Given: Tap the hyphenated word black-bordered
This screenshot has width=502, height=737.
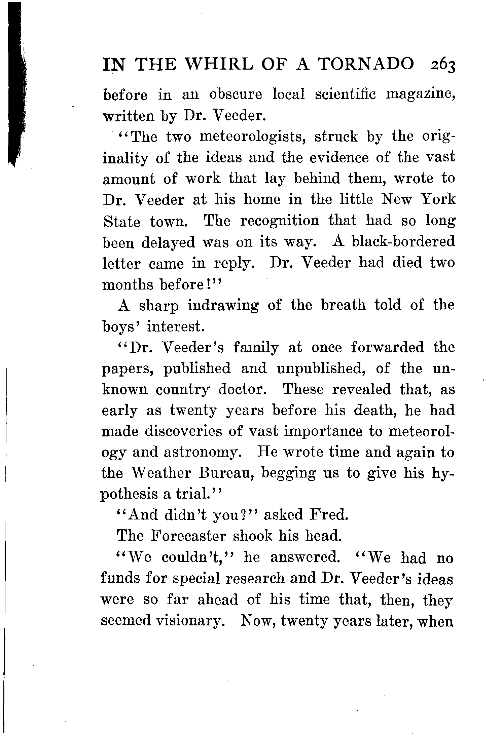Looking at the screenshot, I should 403,242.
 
